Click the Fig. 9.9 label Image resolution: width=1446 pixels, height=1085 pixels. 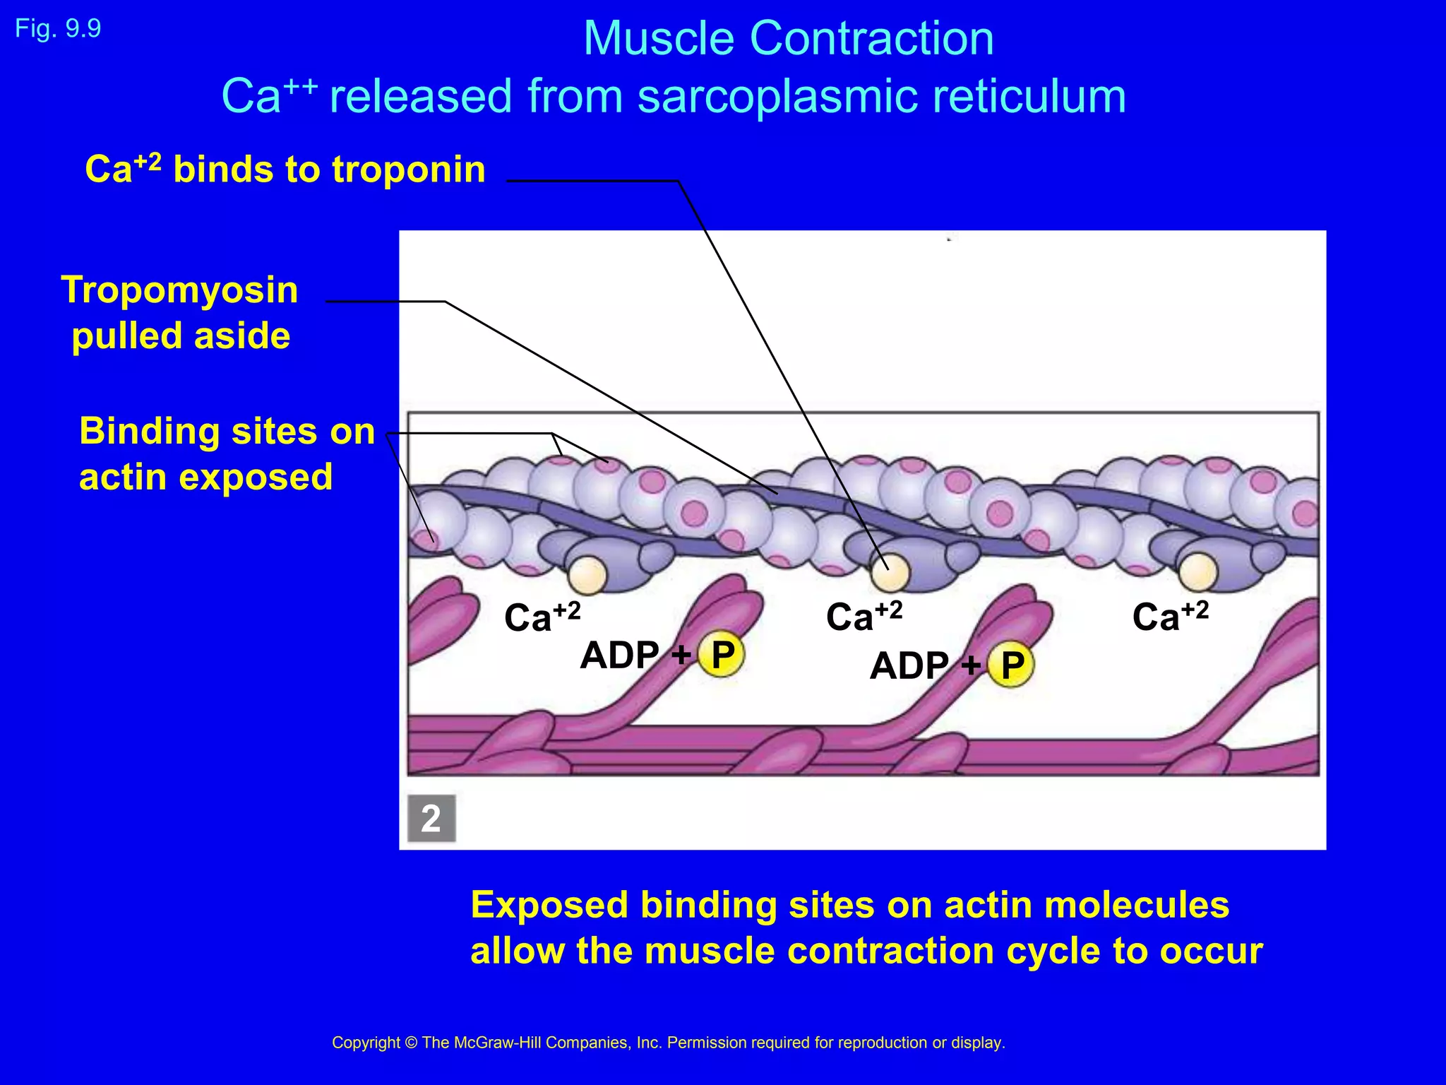point(58,29)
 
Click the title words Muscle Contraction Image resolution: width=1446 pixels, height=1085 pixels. point(788,38)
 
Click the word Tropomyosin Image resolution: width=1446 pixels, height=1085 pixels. point(179,290)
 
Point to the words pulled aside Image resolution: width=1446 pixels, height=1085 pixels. point(181,336)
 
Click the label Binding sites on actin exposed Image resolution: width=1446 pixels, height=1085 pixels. point(226,453)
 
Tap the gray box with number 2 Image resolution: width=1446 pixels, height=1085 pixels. point(431,818)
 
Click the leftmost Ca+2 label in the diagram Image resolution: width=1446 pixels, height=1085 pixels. point(542,616)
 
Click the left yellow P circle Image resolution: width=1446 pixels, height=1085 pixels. point(722,654)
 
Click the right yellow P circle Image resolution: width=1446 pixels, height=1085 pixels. point(1011,665)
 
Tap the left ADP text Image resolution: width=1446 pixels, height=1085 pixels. point(619,655)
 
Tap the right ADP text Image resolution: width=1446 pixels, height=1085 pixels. point(909,665)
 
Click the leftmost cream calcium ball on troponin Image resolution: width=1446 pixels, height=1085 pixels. point(587,576)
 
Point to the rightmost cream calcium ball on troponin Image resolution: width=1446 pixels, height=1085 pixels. point(1197,571)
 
